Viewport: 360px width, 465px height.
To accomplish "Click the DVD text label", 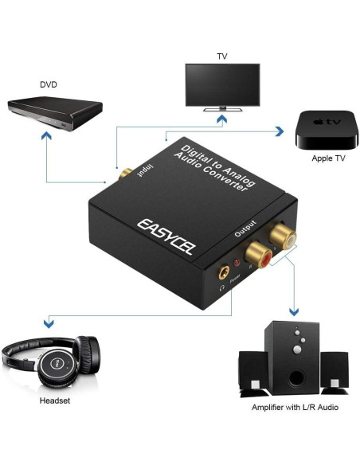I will (49, 84).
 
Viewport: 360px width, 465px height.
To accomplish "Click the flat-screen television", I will (222, 84).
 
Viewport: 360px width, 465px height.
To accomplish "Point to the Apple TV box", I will (322, 131).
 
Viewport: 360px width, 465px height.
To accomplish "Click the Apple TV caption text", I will (328, 158).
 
